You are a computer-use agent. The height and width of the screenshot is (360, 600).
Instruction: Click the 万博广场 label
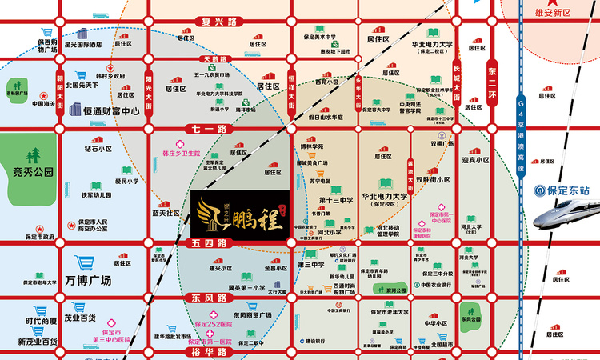tap(89, 280)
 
